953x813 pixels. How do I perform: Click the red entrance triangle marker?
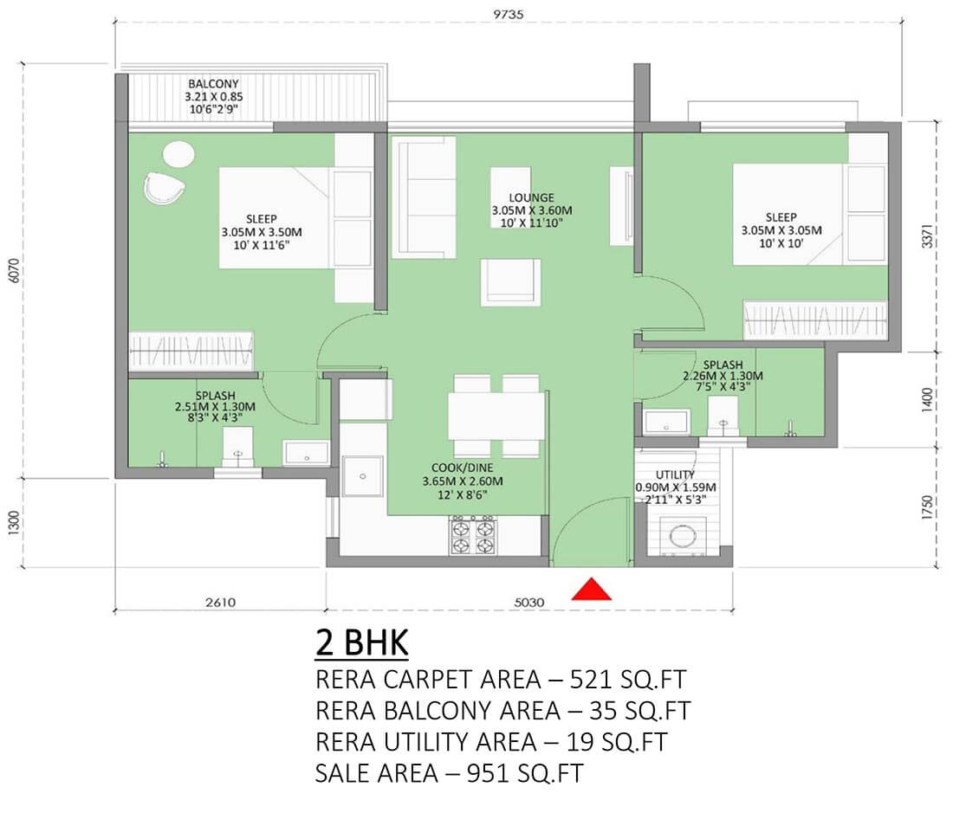point(592,590)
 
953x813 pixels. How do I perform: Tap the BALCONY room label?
point(213,84)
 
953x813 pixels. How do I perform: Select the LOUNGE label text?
point(532,197)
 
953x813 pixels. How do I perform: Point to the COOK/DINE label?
point(463,468)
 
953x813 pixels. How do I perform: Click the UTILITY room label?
point(675,474)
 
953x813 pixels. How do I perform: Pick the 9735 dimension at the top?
point(508,14)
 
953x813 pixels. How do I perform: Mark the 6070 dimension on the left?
point(13,270)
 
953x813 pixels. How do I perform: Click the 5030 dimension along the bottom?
point(528,603)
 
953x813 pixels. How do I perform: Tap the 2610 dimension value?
point(220,603)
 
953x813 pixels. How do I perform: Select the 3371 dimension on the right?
point(927,236)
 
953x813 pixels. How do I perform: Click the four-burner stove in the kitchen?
point(473,536)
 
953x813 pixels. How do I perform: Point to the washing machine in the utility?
point(683,536)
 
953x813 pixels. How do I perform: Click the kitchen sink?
point(362,476)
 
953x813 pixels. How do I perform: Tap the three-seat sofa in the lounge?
point(424,197)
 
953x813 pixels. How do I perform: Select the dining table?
point(496,416)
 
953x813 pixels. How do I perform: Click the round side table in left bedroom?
point(178,154)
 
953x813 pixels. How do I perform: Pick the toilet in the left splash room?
point(237,446)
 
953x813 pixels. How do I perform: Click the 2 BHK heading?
point(361,642)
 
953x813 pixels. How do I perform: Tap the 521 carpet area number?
point(590,679)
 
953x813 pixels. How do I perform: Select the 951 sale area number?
point(488,773)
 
